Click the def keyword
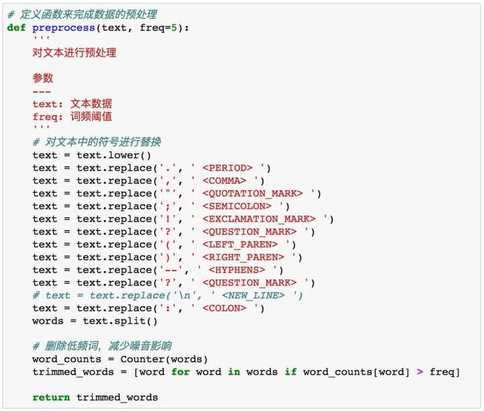tap(16, 28)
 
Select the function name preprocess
tap(64, 28)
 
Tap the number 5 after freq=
tap(174, 28)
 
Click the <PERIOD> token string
tap(227, 168)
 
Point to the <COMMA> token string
tap(225, 181)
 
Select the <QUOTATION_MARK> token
tap(253, 193)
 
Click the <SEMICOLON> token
tap(237, 206)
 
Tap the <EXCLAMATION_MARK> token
tap(259, 219)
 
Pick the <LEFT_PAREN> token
tap(240, 244)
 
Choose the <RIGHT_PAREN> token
tap(243, 257)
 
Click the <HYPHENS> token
tap(237, 270)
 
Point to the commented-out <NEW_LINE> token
tap(253, 295)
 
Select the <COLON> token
tap(225, 308)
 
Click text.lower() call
tap(114, 155)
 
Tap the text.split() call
tap(120, 321)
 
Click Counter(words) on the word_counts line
tap(164, 359)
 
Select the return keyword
tap(51, 398)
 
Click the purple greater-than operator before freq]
tap(419, 372)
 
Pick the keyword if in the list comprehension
tap(290, 372)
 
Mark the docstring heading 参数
tap(43, 78)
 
